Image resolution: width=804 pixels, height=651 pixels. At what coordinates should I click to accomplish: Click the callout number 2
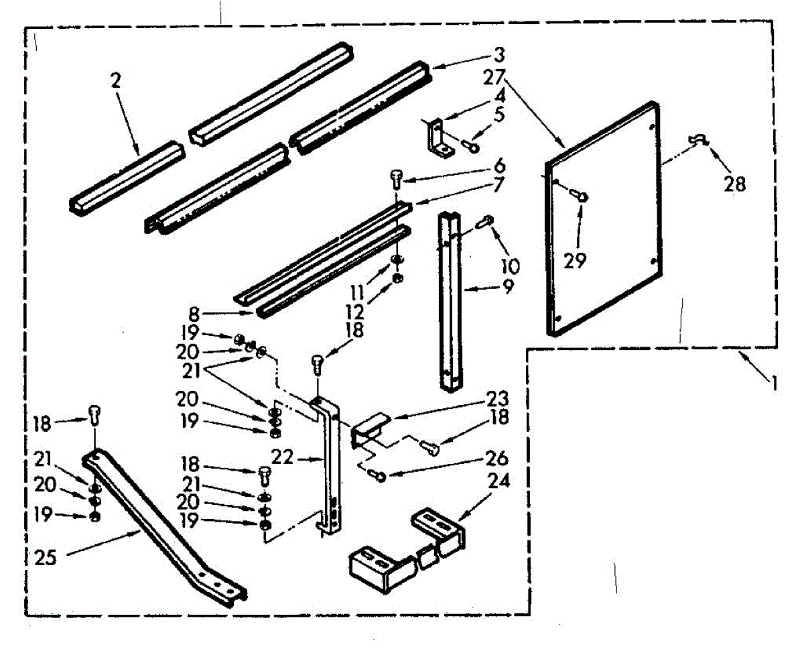pos(115,81)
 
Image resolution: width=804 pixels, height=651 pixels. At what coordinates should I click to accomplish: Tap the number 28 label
pos(734,183)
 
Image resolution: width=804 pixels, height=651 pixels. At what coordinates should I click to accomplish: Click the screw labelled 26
pos(377,475)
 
